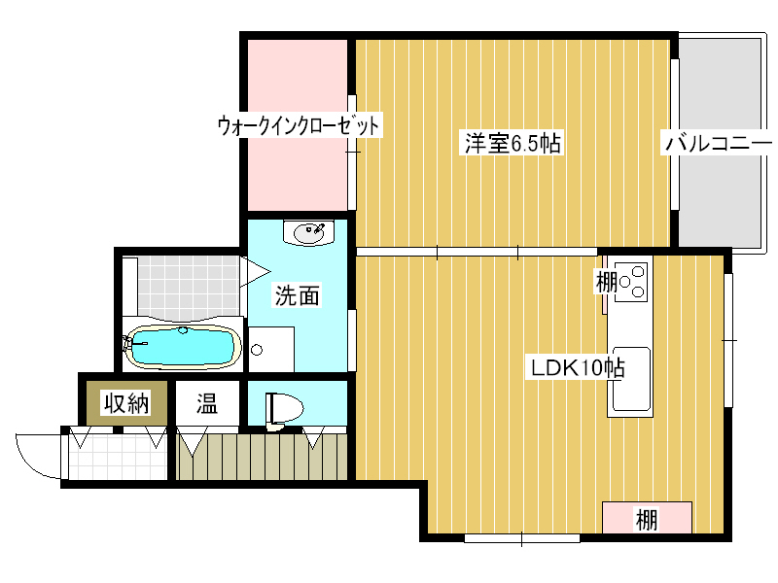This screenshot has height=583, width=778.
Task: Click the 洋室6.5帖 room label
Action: pyautogui.click(x=513, y=143)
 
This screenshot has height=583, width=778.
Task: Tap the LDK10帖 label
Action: pyautogui.click(x=578, y=368)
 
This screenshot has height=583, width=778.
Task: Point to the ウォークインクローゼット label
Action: pyautogui.click(x=299, y=125)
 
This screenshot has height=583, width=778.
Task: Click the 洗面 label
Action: pyautogui.click(x=298, y=295)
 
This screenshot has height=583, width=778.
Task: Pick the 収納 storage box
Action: pyautogui.click(x=127, y=403)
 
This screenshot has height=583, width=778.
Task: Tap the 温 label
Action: pyautogui.click(x=207, y=403)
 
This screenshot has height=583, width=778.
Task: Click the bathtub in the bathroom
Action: pyautogui.click(x=182, y=347)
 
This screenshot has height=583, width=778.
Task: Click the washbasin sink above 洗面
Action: pyautogui.click(x=309, y=232)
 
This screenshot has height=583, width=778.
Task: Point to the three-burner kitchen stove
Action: pyautogui.click(x=631, y=282)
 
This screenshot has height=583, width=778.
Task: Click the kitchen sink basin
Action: pyautogui.click(x=631, y=379)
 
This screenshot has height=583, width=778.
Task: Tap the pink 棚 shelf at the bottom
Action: pyautogui.click(x=647, y=518)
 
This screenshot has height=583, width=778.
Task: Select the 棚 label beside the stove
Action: pyautogui.click(x=606, y=282)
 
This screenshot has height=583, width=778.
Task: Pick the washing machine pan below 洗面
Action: pyautogui.click(x=271, y=349)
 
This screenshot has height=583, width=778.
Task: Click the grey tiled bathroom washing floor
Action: pyautogui.click(x=189, y=287)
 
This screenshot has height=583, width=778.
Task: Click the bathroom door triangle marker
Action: pyautogui.click(x=255, y=271)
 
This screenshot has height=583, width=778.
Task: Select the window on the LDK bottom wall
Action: pyautogui.click(x=522, y=538)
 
